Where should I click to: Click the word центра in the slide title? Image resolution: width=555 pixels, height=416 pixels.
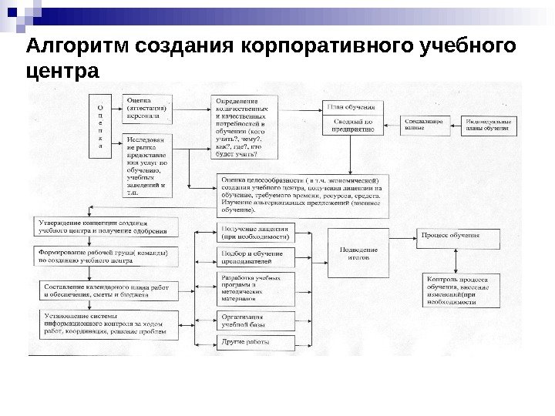(x=62, y=74)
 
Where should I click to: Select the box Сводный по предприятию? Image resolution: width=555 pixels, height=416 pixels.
(x=353, y=126)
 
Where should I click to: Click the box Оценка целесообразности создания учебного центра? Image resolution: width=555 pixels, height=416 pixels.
(x=301, y=193)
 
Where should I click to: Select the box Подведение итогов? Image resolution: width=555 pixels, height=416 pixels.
(x=358, y=254)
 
